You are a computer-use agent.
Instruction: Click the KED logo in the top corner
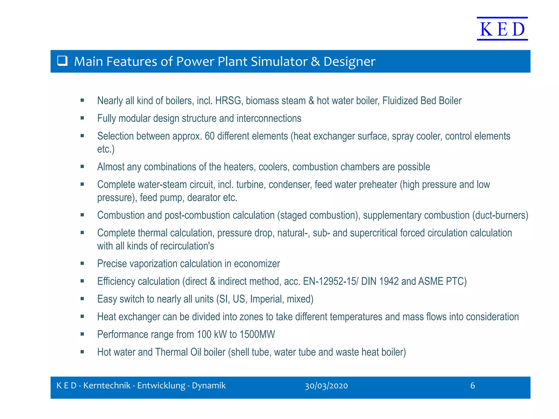pyautogui.click(x=502, y=29)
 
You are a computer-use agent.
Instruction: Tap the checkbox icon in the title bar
pyautogui.click(x=63, y=61)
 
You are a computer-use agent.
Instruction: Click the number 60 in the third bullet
pyautogui.click(x=209, y=136)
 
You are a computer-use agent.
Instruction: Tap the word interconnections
pyautogui.click(x=269, y=118)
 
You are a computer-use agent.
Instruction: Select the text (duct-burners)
pyautogui.click(x=500, y=215)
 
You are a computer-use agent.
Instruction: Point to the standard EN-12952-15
pyautogui.click(x=329, y=281)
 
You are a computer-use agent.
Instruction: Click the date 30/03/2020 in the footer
pyautogui.click(x=326, y=386)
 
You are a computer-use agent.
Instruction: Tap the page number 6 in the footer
pyautogui.click(x=472, y=386)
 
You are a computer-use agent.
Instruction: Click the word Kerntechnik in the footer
pyautogui.click(x=107, y=386)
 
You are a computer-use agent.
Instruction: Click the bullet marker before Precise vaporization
pyautogui.click(x=82, y=264)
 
